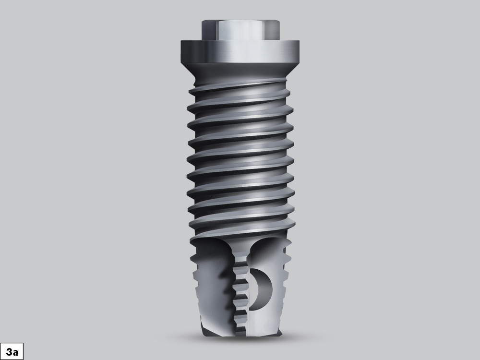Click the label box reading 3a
point(11,352)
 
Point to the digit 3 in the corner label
point(8,352)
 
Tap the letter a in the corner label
point(15,352)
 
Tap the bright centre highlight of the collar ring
point(240,51)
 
